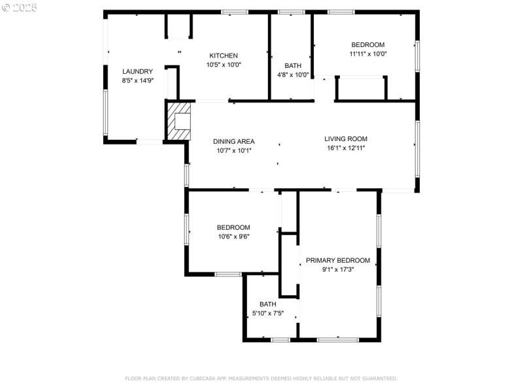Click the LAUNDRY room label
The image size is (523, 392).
click(137, 71)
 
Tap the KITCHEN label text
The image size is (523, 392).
click(224, 56)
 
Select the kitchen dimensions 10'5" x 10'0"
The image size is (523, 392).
click(224, 65)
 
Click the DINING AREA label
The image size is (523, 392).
click(233, 141)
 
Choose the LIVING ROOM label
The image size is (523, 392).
click(346, 139)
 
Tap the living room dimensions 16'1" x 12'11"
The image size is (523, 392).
click(346, 148)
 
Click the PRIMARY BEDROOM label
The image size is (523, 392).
click(338, 260)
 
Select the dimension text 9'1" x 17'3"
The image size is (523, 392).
click(338, 269)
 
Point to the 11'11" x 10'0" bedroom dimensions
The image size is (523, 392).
click(368, 54)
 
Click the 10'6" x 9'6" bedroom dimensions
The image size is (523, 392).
click(233, 237)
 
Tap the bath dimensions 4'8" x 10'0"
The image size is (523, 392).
click(293, 74)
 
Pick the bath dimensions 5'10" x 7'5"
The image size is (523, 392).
click(268, 314)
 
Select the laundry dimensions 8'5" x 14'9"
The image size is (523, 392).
click(137, 80)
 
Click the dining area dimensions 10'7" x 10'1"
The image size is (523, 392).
click(233, 150)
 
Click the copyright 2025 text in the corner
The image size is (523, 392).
click(20, 7)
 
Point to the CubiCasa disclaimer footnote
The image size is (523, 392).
click(261, 378)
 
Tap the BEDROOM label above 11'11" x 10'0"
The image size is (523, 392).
click(368, 45)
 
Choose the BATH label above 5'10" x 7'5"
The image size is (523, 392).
click(268, 304)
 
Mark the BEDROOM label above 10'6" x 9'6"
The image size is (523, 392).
click(233, 227)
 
